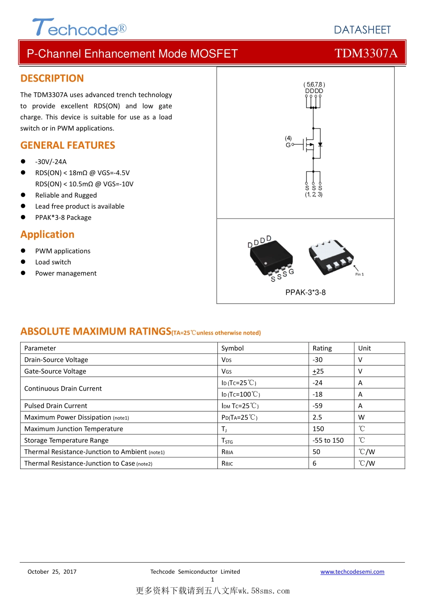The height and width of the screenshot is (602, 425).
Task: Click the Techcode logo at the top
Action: tap(79, 28)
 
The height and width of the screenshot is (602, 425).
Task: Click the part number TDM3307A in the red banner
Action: tap(366, 53)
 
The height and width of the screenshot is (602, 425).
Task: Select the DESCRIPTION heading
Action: tap(52, 78)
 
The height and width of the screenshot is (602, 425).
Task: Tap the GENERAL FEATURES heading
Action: tap(68, 145)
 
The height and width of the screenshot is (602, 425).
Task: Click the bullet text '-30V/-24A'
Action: tap(51, 162)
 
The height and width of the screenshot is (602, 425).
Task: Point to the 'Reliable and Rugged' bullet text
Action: tap(66, 195)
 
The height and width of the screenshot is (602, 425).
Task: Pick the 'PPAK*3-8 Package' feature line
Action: tap(63, 218)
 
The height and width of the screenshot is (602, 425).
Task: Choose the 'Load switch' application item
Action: tap(53, 262)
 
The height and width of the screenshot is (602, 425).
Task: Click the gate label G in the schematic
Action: tap(288, 145)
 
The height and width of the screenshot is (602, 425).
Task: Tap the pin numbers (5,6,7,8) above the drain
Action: tap(314, 84)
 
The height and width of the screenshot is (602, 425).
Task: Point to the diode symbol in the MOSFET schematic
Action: tap(320, 144)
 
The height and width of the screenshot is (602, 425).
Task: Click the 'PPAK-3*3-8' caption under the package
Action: tap(306, 292)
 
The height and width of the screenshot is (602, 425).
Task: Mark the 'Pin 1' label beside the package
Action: tap(359, 274)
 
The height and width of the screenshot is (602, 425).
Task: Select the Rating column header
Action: tap(322, 348)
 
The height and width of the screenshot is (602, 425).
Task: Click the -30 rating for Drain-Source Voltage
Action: tap(318, 360)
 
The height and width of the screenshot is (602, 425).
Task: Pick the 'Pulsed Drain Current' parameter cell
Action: tap(56, 406)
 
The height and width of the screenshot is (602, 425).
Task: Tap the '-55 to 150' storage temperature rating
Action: tap(328, 440)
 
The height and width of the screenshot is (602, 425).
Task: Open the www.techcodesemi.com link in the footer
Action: tap(352, 572)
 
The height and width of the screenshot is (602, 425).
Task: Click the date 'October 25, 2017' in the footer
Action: tap(52, 572)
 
